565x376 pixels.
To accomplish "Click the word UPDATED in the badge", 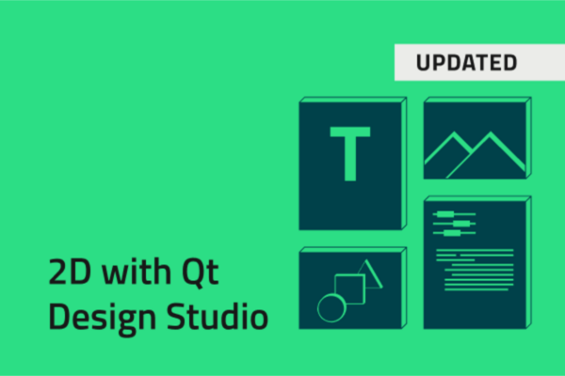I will (x=466, y=63).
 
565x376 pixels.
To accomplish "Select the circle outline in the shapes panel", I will (x=331, y=305).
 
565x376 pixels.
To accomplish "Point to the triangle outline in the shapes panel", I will (x=370, y=274).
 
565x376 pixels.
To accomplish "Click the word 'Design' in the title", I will (x=98, y=317).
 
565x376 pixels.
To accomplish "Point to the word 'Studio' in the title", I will (x=213, y=317).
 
